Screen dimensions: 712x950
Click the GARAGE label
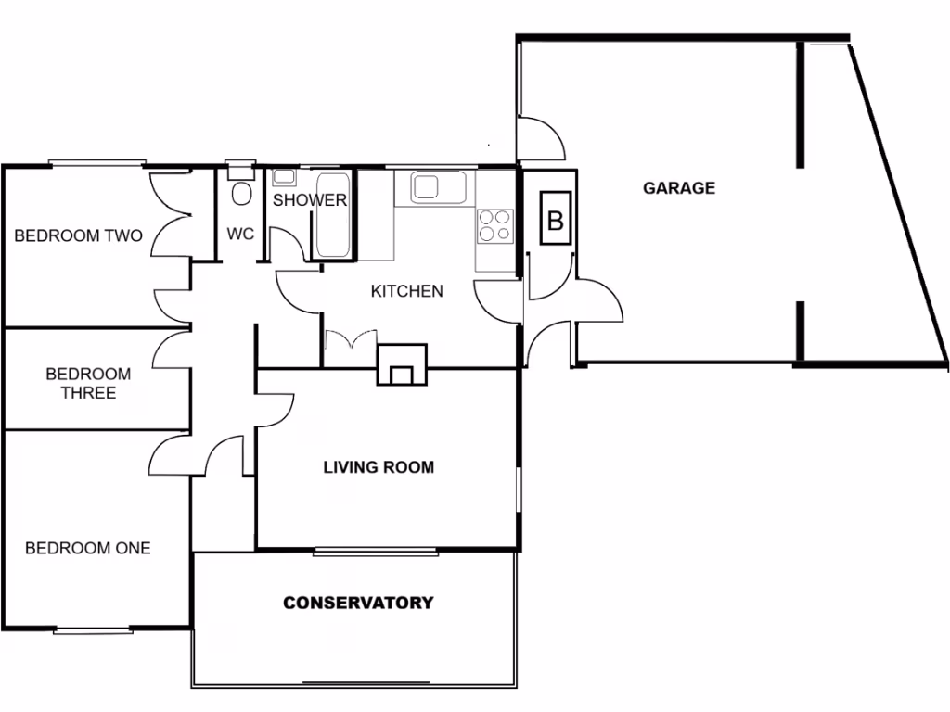pos(679,188)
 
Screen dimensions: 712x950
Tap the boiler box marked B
pos(556,220)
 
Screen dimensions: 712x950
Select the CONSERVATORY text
pos(357,603)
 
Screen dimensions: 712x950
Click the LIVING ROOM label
pos(378,467)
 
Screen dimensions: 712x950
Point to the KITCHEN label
pos(406,291)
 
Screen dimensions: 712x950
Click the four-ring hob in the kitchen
pos(494,225)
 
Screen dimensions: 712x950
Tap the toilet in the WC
pos(241,195)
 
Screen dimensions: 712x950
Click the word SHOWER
pos(310,200)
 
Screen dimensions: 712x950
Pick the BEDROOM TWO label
pos(78,235)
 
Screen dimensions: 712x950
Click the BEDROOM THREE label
pos(88,383)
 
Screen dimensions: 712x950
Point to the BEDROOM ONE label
pos(87,548)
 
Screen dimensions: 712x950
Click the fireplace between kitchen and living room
pos(402,366)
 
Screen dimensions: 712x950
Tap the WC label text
pos(240,235)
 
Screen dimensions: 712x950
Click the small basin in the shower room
pos(284,176)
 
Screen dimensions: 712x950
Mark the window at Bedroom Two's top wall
pos(96,164)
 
